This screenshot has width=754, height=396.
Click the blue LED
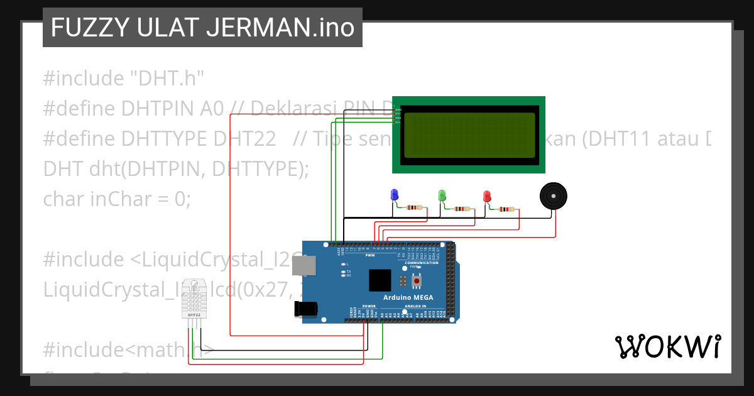coord(395,195)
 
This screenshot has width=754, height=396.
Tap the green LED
coord(442,195)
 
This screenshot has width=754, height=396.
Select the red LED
coord(486,197)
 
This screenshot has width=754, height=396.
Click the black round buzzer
coord(553,196)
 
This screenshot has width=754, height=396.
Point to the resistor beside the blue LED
coord(415,207)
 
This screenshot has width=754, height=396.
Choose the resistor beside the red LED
coord(506,209)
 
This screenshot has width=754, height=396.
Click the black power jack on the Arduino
coord(306,309)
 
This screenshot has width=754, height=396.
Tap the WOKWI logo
coord(667,346)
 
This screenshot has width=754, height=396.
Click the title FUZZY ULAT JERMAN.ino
coord(202,28)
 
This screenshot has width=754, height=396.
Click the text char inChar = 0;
coord(116,199)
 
